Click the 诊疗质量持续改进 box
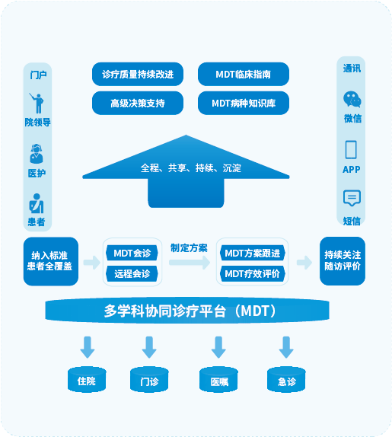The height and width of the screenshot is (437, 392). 138,74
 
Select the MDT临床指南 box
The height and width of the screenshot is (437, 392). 244,74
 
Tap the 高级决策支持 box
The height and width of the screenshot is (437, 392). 138,103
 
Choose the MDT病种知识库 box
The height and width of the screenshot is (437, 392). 244,103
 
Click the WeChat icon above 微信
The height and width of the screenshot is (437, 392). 352,99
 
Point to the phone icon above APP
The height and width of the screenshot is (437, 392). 351,150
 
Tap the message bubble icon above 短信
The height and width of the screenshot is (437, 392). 352,198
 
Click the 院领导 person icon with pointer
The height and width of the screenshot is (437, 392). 37,103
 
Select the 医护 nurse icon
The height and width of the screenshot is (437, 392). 37,154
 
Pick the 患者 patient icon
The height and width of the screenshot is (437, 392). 37,203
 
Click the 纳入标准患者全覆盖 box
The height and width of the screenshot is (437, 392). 51,261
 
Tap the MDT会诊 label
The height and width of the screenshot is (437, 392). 132,253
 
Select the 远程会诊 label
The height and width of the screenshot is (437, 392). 132,273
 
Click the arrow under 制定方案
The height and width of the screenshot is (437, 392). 190,262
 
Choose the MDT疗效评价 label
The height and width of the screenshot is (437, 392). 253,273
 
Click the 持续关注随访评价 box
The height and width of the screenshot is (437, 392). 343,261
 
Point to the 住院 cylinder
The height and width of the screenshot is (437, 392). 87,380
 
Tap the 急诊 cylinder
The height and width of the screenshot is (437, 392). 286,380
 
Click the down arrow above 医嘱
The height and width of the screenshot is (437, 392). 218,347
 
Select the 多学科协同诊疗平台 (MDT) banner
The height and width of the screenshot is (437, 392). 187,311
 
